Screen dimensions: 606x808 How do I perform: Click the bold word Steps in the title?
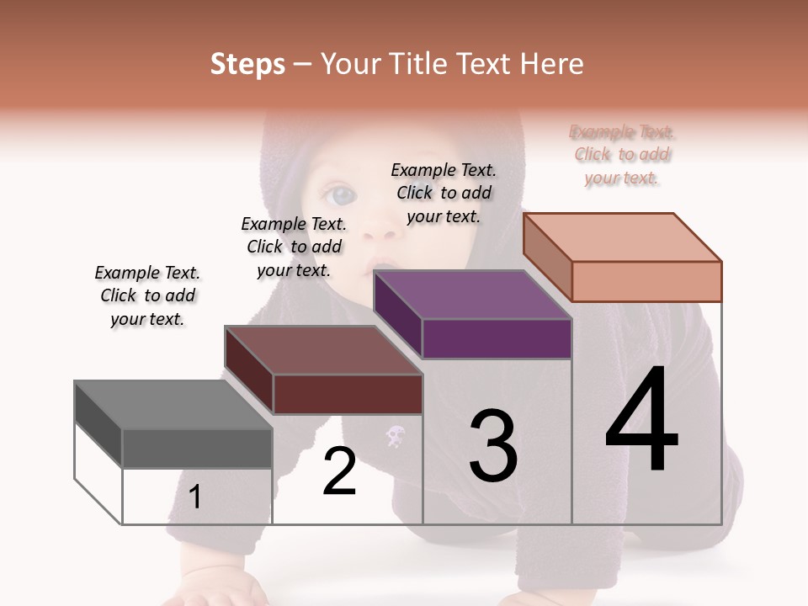click(x=247, y=64)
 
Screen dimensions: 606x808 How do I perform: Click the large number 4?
click(x=641, y=420)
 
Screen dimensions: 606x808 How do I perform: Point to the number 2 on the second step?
click(x=339, y=471)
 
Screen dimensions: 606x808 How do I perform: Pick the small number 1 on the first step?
click(x=194, y=497)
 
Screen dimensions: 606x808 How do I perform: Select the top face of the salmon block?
click(x=623, y=237)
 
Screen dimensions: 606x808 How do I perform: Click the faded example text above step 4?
click(x=622, y=155)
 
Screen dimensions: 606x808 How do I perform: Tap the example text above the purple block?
click(x=444, y=193)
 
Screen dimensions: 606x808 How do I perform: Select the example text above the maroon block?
click(x=294, y=247)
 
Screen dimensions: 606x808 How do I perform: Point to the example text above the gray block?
click(x=147, y=295)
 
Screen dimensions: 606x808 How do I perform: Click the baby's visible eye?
click(x=343, y=196)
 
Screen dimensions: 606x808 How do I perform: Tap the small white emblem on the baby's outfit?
click(x=395, y=436)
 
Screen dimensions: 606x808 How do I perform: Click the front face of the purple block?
click(x=497, y=339)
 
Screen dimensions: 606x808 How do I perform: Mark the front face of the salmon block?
click(x=646, y=281)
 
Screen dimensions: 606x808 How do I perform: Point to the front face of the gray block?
click(x=197, y=448)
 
